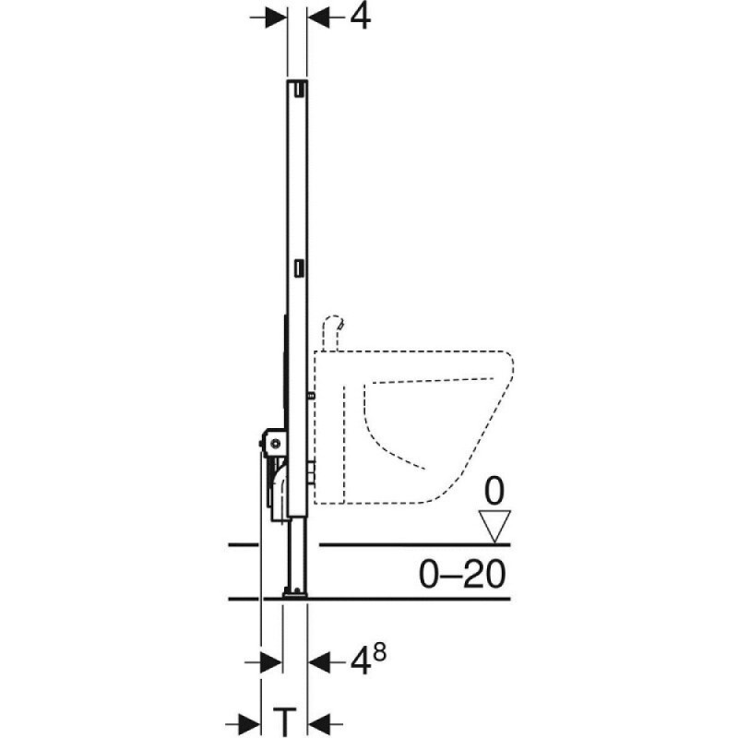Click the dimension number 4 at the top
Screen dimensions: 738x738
point(360,18)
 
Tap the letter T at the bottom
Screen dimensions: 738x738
point(284,722)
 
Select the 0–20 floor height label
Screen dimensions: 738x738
point(462,574)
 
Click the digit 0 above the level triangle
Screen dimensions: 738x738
point(494,492)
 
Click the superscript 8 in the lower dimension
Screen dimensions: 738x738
point(379,653)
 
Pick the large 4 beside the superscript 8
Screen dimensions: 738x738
point(360,662)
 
